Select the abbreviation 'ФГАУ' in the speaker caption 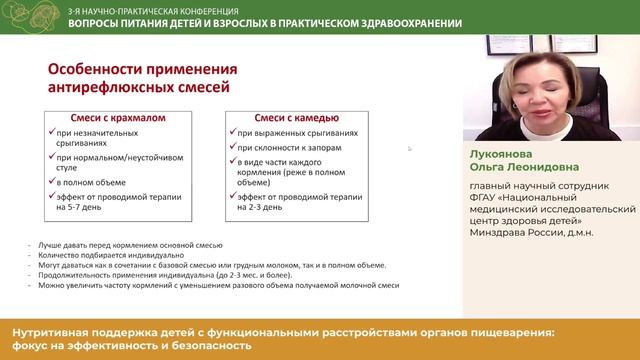[488, 196]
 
